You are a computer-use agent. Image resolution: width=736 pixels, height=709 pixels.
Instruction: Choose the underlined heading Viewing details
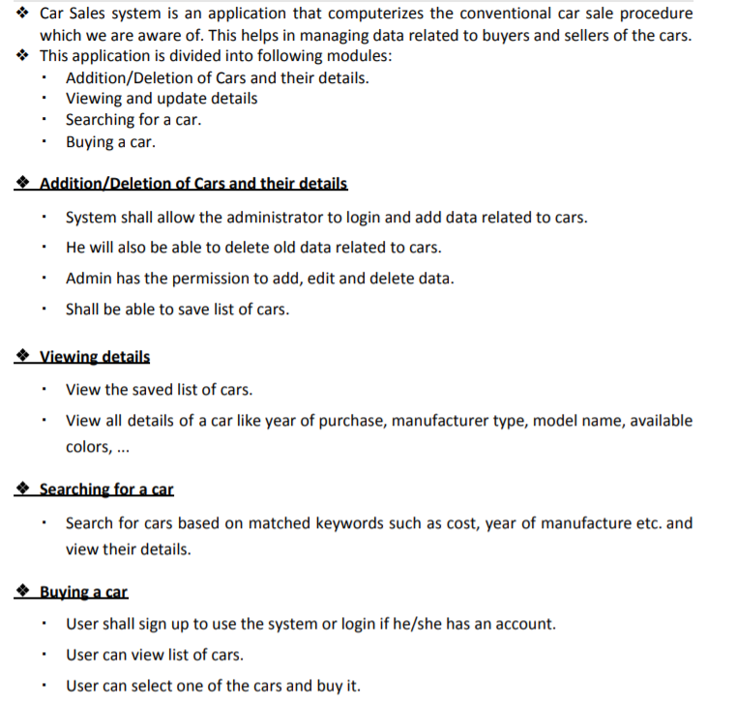(x=95, y=357)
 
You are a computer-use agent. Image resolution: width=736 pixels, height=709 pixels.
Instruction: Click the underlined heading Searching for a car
(x=106, y=489)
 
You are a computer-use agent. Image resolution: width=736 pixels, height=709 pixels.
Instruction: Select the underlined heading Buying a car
(x=84, y=592)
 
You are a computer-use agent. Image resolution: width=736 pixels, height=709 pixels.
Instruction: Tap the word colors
(x=87, y=447)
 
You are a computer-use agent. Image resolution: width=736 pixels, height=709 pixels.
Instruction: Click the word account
(x=524, y=624)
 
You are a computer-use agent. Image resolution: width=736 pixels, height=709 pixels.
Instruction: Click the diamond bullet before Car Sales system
(x=22, y=15)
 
